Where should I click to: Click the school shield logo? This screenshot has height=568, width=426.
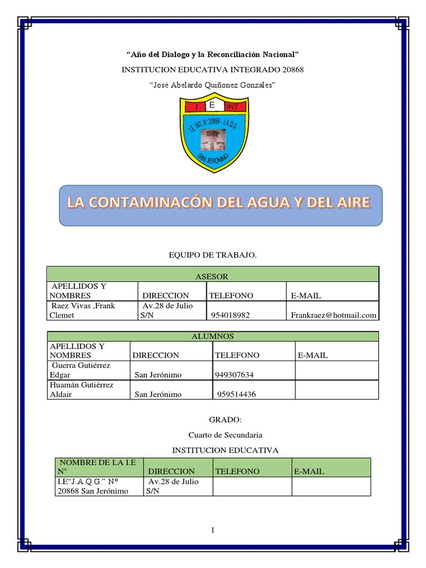tap(212, 135)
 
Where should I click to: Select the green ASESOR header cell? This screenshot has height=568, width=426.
tap(212, 276)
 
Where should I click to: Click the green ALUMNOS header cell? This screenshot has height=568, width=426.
tap(212, 336)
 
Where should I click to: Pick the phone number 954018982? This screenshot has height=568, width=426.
tap(230, 315)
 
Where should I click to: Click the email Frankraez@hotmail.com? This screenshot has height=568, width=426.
tap(333, 315)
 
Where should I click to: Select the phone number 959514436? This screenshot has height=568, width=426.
tap(236, 394)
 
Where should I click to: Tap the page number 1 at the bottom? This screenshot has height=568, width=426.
tap(212, 531)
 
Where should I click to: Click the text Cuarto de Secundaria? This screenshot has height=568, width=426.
tap(225, 435)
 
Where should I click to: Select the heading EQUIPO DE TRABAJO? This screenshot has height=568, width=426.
tap(212, 255)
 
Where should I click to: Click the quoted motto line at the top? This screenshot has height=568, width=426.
tap(212, 54)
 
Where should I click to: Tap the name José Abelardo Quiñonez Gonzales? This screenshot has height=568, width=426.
tap(212, 85)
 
